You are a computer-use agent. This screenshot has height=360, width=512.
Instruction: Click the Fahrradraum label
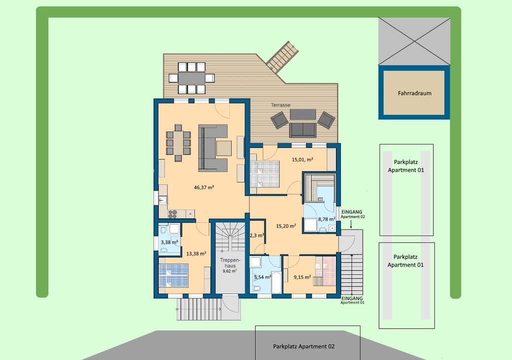pos(414,93)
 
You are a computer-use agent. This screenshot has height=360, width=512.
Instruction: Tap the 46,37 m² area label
pos(204,187)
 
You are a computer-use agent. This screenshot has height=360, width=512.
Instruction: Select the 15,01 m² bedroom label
pos(302,159)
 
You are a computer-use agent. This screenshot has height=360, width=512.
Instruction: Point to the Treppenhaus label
pos(230,263)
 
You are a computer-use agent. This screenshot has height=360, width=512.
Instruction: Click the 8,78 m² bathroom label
pos(326,219)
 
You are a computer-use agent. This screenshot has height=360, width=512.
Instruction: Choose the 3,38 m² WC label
pos(169,242)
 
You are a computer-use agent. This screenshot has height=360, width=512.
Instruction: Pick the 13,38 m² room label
pos(196,253)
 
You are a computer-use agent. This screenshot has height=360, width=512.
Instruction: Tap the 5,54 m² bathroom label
pos(262,277)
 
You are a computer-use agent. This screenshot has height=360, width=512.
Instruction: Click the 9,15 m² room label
pos(302,277)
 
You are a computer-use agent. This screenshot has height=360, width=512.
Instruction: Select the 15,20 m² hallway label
pos(286,226)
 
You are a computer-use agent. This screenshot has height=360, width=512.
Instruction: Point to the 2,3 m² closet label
pos(257,235)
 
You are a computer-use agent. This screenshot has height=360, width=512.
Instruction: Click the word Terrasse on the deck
pos(280,105)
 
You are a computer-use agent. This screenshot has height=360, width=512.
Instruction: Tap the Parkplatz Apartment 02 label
pos(303,346)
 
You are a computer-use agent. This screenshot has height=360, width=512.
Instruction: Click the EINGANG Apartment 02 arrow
pos(351,224)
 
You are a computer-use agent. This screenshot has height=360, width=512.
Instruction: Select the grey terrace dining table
pos(191,78)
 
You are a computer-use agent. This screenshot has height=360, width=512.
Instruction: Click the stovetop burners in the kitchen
pos(172,214)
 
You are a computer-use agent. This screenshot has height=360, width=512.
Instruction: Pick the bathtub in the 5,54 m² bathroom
pos(276,282)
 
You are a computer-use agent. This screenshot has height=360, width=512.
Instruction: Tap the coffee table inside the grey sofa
pos(224,148)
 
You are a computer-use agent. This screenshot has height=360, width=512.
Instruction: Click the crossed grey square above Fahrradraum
pos(414,41)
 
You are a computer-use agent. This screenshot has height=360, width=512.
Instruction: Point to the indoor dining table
pos(178,143)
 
